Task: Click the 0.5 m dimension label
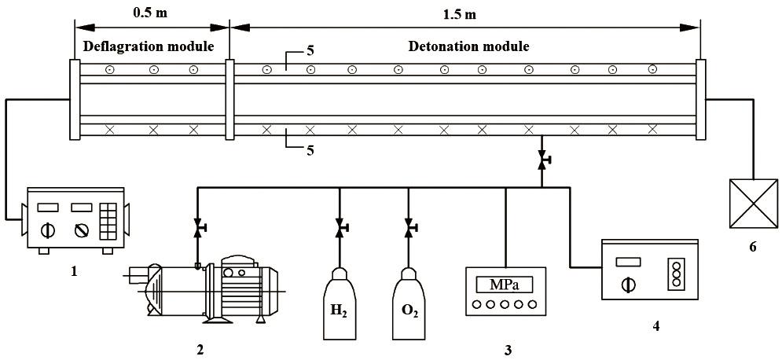click(x=150, y=13)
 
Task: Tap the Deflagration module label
click(x=149, y=46)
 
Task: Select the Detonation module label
click(x=468, y=46)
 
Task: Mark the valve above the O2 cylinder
click(x=409, y=228)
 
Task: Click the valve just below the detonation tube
click(x=542, y=161)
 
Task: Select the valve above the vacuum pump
click(x=197, y=228)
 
